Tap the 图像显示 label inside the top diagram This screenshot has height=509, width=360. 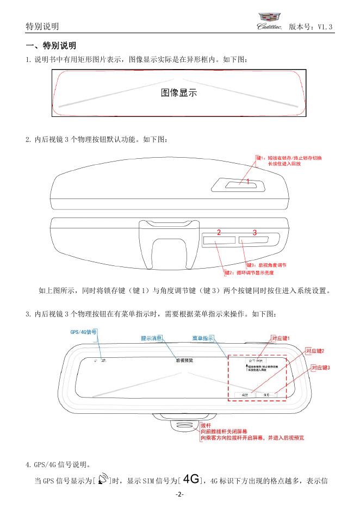pos(179,93)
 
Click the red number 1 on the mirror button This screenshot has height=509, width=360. pos(247,182)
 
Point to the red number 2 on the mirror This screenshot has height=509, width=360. pos(219,232)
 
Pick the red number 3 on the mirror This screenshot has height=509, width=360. pos(254,232)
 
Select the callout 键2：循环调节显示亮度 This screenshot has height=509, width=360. pos(253,273)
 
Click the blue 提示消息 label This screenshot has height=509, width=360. pos(151,338)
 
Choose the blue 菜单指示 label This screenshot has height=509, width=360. pos(202,338)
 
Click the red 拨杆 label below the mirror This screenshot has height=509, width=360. pos(206,425)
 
